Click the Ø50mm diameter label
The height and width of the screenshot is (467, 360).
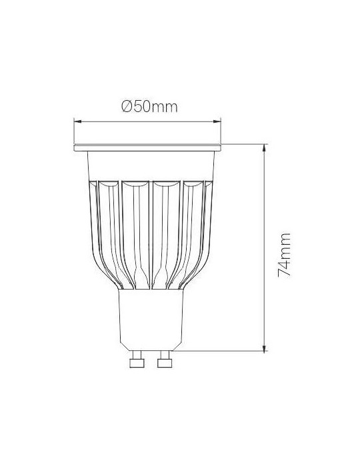pos(149,107)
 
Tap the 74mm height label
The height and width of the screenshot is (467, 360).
pos(284,255)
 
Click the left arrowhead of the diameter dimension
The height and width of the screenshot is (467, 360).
pos(77,121)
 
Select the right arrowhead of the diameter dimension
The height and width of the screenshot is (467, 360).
pos(217,121)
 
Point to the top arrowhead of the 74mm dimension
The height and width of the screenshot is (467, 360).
pos(264,148)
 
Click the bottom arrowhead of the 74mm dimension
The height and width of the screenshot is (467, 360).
pos(264,348)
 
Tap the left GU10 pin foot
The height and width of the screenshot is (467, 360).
pos(137,363)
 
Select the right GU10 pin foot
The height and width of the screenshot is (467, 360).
pos(165,363)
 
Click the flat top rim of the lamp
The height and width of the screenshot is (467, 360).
pos(147,148)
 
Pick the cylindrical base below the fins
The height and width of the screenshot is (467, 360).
pos(151,320)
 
